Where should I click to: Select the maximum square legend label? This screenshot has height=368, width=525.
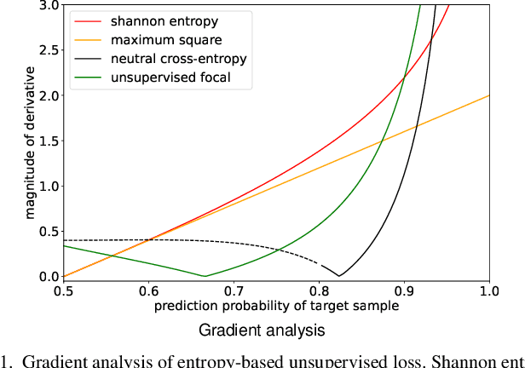point(153,39)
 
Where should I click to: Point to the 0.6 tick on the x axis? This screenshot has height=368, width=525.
point(148,290)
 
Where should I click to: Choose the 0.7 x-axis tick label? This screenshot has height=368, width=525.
point(234,290)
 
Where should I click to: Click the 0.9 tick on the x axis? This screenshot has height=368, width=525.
point(404,290)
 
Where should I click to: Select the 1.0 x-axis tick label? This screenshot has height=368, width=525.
point(488,290)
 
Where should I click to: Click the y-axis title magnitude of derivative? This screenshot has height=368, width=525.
point(31,141)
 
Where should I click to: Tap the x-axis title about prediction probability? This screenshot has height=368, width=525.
point(276,305)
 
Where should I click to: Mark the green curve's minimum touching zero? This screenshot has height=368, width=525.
point(205,276)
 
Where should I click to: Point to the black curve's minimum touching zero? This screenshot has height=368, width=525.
point(339,276)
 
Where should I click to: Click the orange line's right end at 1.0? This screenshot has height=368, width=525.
point(488,95)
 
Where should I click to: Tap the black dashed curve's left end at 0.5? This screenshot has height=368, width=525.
point(64,240)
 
